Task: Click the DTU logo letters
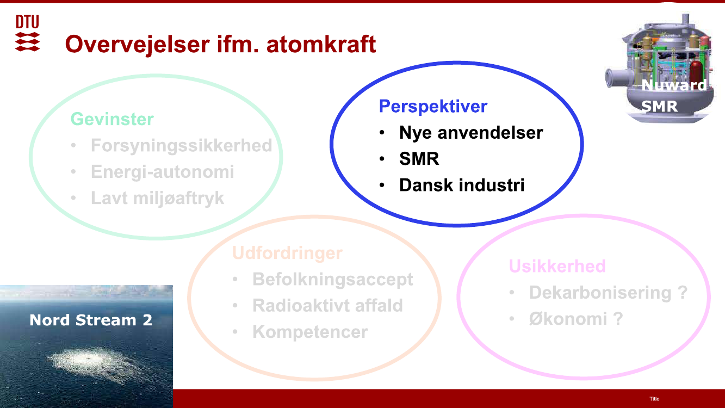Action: (x=28, y=22)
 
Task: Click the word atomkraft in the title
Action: (x=321, y=44)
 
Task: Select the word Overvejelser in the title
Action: (x=138, y=45)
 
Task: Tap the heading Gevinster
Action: (x=112, y=119)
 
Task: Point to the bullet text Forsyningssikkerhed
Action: (x=182, y=146)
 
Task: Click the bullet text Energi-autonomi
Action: (x=163, y=171)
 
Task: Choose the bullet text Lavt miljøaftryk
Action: (x=157, y=198)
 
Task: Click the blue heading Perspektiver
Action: (x=433, y=107)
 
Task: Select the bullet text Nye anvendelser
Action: (x=471, y=133)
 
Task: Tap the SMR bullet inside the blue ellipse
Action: (x=419, y=159)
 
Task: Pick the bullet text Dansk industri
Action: (x=462, y=185)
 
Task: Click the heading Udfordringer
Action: (x=287, y=253)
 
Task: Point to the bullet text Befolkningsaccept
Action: (x=333, y=280)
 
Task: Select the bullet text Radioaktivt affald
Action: (x=327, y=305)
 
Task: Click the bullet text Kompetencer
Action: (x=310, y=332)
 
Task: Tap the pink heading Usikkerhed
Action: (x=557, y=266)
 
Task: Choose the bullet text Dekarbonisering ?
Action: (x=608, y=293)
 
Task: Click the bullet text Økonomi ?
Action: (x=576, y=319)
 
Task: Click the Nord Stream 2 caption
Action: (x=91, y=320)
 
